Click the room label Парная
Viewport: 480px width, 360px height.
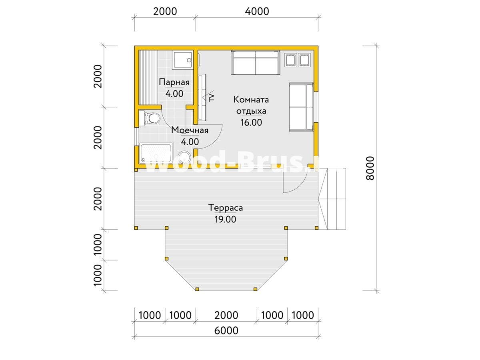tap(174, 82)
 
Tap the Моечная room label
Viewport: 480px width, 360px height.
tap(190, 130)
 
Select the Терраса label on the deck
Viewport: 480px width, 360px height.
tap(226, 208)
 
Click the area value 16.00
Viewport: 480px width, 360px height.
tap(251, 122)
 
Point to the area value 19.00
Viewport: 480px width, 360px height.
tap(225, 219)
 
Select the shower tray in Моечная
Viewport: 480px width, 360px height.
tap(156, 153)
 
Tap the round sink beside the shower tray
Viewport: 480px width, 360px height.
tap(184, 157)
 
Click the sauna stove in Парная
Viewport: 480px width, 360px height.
tap(182, 60)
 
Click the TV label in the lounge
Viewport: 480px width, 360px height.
tap(212, 97)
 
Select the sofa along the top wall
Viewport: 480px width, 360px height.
tap(256, 62)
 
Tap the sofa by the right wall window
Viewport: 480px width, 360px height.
tap(301, 107)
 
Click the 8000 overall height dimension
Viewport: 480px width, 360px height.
tap(370, 168)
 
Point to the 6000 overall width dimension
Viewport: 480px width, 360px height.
tap(226, 330)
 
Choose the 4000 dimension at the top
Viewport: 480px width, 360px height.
tap(257, 11)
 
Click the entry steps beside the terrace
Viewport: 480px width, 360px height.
tap(332, 199)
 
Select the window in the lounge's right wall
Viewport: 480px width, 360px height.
tap(316, 107)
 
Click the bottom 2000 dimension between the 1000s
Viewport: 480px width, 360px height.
tap(226, 316)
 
